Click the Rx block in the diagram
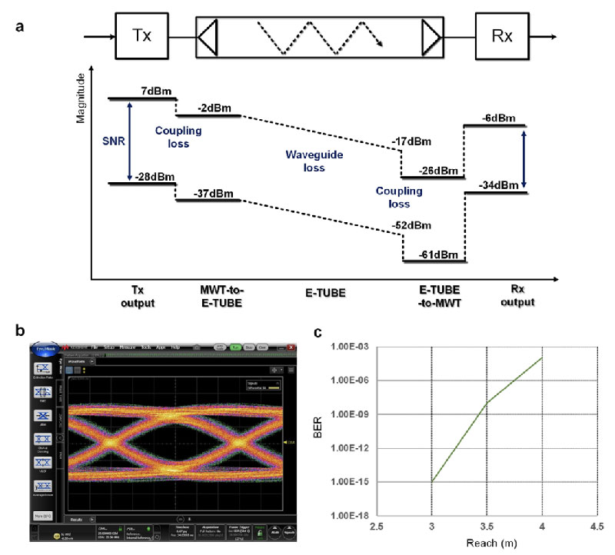click(501, 35)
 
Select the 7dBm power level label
click(155, 91)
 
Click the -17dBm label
click(414, 141)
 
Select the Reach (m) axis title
click(485, 545)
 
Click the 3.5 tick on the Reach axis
click(487, 530)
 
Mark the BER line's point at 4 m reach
click(543, 357)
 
